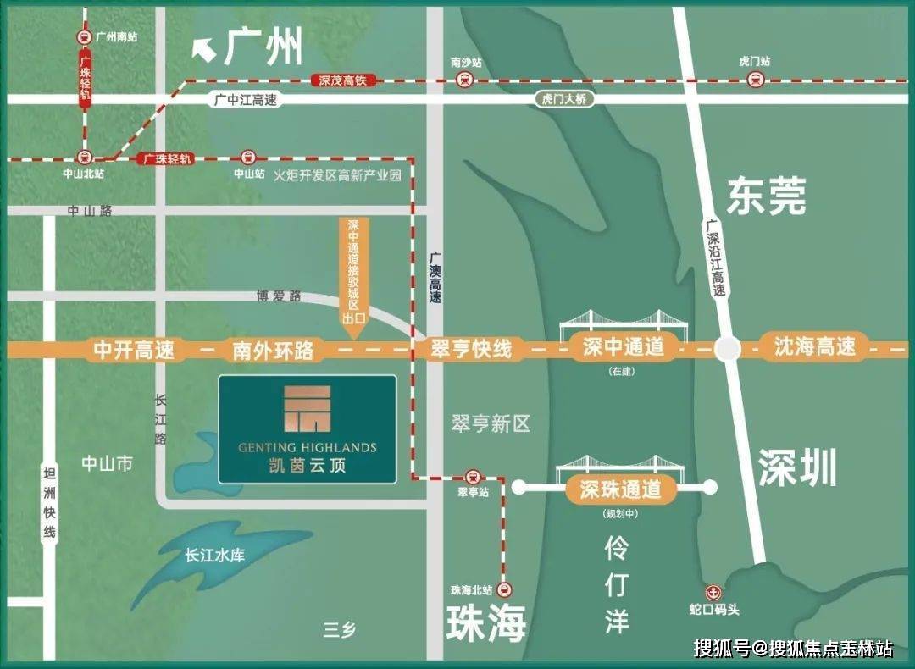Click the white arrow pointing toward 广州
[204, 51]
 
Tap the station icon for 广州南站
[84, 37]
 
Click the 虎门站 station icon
[755, 80]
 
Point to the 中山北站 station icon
[84, 157]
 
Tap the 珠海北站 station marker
[506, 590]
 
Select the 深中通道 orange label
[624, 346]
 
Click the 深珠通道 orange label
[620, 488]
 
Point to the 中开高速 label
[133, 349]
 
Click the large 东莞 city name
[766, 197]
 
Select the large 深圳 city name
[796, 467]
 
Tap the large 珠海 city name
[486, 622]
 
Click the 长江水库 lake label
[214, 556]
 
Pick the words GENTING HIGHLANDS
[308, 447]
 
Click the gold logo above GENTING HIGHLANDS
[308, 410]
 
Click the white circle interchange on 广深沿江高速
[727, 348]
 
